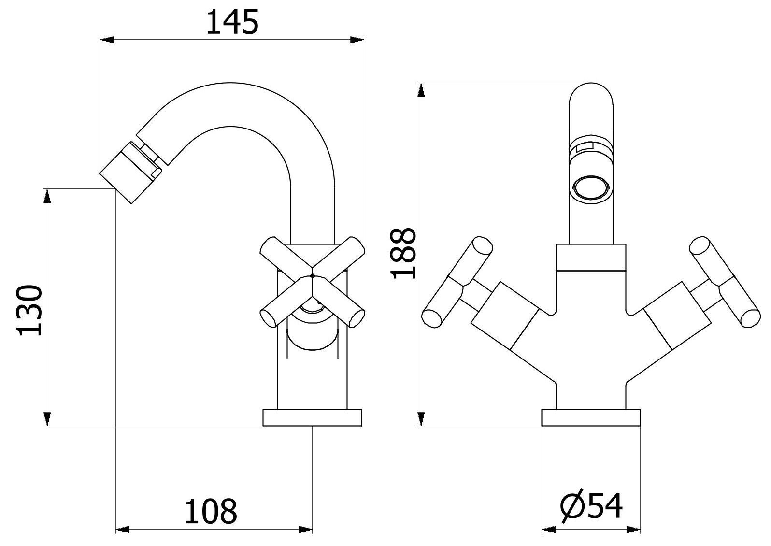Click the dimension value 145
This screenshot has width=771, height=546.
click(x=232, y=23)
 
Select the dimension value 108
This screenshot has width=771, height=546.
click(x=211, y=512)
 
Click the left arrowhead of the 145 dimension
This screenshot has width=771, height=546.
click(x=106, y=40)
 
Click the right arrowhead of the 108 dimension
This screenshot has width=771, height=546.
click(x=306, y=530)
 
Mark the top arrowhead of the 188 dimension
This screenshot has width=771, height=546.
click(x=422, y=90)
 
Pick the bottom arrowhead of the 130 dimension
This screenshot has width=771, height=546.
click(x=47, y=418)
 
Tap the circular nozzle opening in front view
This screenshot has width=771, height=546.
click(x=592, y=187)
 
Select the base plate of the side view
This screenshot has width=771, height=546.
click(x=312, y=418)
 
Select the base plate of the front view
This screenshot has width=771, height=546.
click(x=591, y=418)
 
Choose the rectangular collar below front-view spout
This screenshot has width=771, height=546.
click(x=591, y=257)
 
